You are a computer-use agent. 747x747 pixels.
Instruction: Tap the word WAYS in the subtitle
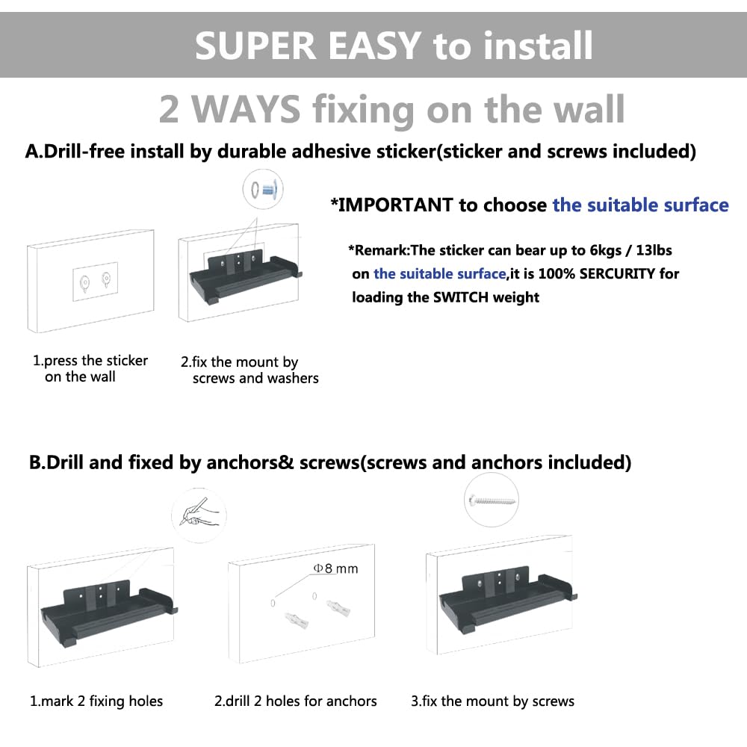pyautogui.click(x=246, y=109)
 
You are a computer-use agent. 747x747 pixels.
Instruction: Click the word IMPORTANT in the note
pyautogui.click(x=395, y=205)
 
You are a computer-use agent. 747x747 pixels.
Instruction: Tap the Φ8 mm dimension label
pyautogui.click(x=336, y=568)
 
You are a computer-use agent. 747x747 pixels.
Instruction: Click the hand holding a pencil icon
pyautogui.click(x=199, y=514)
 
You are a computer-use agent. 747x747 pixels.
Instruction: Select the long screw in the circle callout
pyautogui.click(x=492, y=500)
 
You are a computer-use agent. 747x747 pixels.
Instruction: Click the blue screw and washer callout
pyautogui.click(x=263, y=190)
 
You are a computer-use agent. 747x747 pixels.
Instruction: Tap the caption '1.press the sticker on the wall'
pyautogui.click(x=90, y=368)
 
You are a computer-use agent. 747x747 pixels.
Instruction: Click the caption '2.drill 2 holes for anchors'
pyautogui.click(x=295, y=701)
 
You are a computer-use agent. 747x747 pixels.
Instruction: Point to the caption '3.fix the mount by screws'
pyautogui.click(x=492, y=701)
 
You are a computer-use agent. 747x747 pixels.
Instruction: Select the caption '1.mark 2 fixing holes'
pyautogui.click(x=96, y=701)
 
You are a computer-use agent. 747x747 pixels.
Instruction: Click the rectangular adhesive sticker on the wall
pyautogui.click(x=96, y=282)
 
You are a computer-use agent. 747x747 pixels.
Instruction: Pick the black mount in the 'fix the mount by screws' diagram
pyautogui.click(x=507, y=599)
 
